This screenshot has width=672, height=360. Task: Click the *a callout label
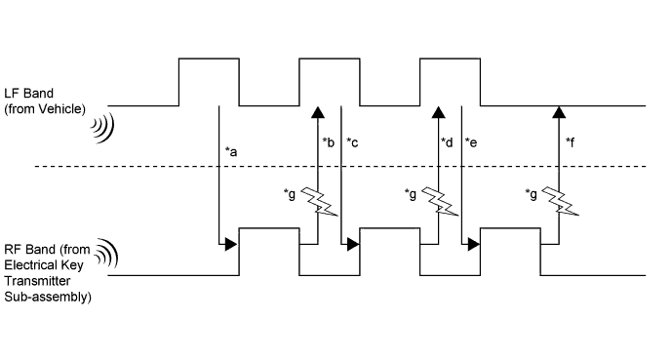pyautogui.click(x=232, y=151)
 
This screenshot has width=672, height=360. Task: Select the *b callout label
pyautogui.click(x=329, y=143)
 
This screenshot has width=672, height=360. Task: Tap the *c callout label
pyautogui.click(x=353, y=143)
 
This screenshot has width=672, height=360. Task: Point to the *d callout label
pyautogui.click(x=448, y=143)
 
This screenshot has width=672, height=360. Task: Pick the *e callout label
pyautogui.click(x=472, y=143)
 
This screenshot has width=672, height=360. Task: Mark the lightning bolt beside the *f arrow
pyautogui.click(x=559, y=202)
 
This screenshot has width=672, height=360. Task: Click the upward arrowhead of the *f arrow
pyautogui.click(x=558, y=110)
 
